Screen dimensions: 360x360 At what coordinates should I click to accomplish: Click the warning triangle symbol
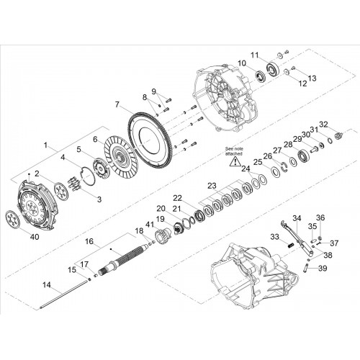[x=235, y=161]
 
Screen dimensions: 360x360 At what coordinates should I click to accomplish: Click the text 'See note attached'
[x=234, y=151]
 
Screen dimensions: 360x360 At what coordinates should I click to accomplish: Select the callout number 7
[x=117, y=104]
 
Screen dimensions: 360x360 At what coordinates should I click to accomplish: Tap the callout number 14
[x=47, y=285]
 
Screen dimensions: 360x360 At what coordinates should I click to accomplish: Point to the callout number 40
[x=35, y=237]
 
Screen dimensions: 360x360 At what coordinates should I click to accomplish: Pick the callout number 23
[x=212, y=186]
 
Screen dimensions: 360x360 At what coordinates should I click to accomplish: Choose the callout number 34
[x=297, y=218]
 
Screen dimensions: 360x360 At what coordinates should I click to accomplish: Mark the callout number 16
[x=89, y=241]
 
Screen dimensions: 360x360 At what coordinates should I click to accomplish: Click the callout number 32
[x=323, y=125]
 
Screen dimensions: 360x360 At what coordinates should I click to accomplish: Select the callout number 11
[x=255, y=55]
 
